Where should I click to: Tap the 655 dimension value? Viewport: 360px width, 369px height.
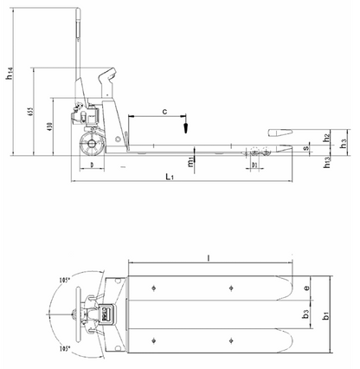click(29, 115)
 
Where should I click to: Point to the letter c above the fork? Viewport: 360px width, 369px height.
click(164, 111)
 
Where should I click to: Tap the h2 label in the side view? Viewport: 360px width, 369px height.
click(326, 137)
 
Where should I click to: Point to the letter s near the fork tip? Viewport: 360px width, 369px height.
click(306, 149)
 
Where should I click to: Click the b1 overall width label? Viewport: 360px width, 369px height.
click(325, 318)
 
